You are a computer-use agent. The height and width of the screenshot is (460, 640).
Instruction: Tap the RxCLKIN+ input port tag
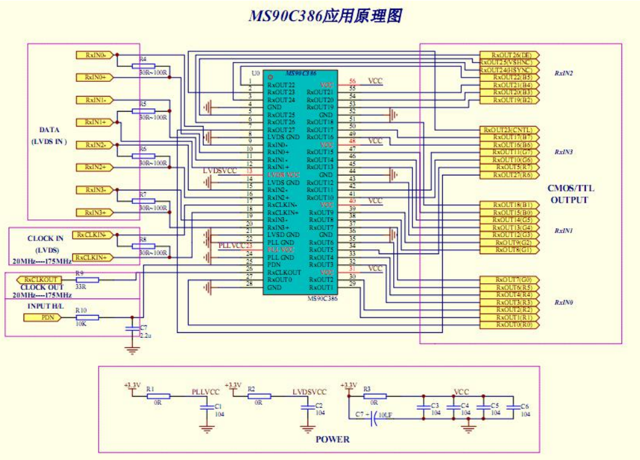tap(92, 257)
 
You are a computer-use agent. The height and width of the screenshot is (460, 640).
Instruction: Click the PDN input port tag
tap(47, 317)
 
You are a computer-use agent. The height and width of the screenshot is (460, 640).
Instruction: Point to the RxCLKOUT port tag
tap(43, 280)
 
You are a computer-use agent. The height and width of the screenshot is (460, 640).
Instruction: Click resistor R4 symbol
tap(143, 66)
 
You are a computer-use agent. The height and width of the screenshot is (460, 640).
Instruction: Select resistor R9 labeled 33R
tap(86, 280)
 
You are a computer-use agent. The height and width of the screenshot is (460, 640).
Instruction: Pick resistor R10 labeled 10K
tap(86, 317)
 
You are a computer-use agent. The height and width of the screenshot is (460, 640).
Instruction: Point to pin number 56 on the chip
tap(352, 81)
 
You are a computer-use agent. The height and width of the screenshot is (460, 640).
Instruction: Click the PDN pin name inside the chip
tap(273, 265)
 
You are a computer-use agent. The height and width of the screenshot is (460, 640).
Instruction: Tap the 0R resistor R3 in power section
tap(375, 396)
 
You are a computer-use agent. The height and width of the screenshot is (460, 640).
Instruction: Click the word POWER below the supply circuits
tap(332, 439)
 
